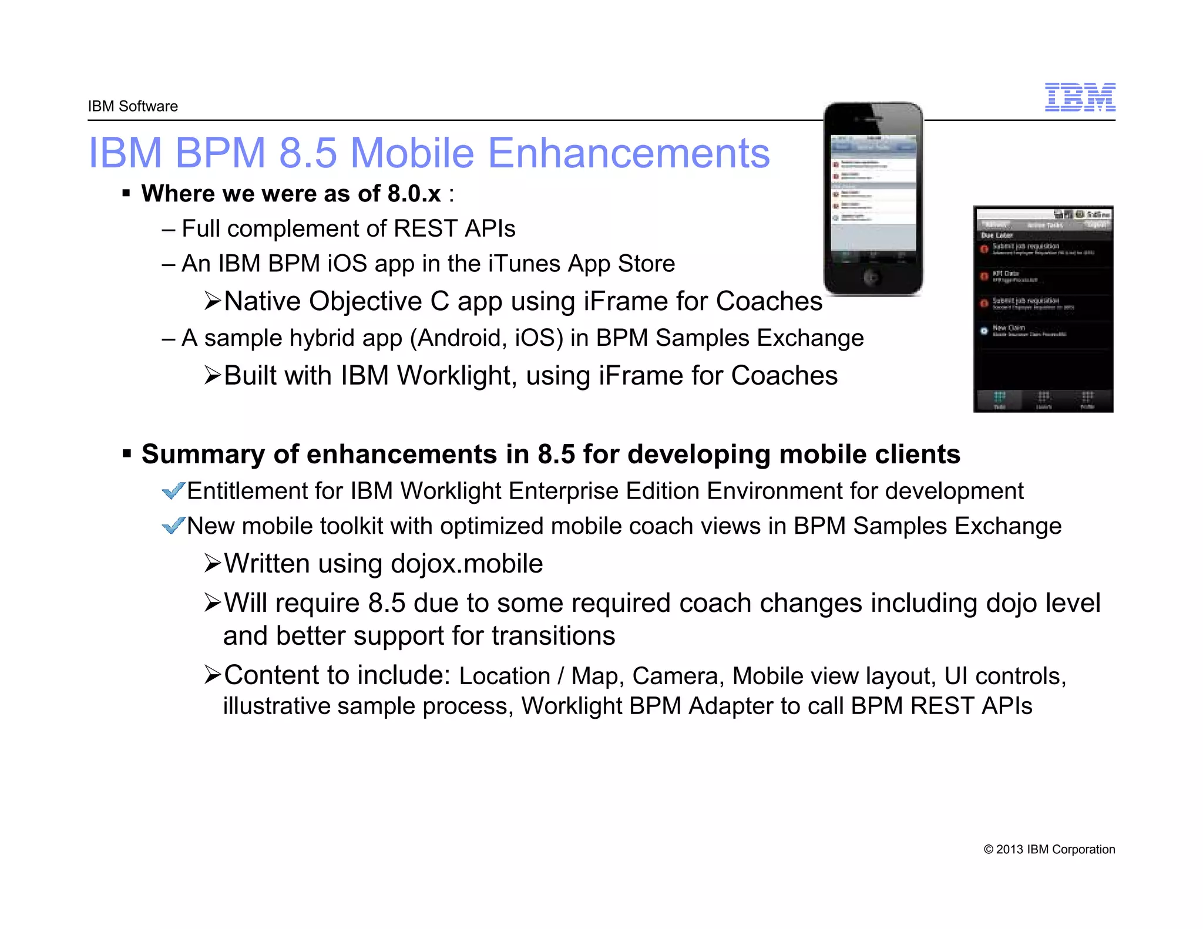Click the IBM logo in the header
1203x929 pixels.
[x=1080, y=97]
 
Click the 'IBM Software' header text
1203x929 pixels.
[x=133, y=106]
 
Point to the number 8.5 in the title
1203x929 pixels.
[x=308, y=153]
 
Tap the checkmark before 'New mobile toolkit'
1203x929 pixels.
[x=173, y=525]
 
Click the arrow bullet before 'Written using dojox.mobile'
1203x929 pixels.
[x=212, y=563]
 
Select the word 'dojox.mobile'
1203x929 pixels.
[x=466, y=564]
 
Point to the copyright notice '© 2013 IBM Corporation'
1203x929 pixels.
[x=1049, y=849]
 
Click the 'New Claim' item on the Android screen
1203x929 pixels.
[x=1009, y=328]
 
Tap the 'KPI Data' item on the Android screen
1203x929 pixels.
[x=1005, y=274]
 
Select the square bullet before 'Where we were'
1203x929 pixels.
[x=126, y=193]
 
